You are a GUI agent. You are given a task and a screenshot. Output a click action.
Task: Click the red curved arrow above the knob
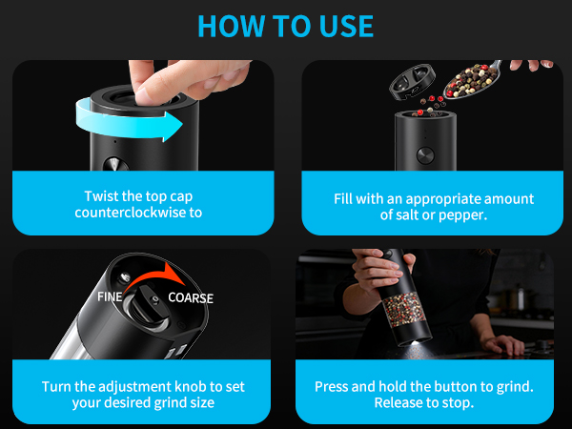coord(153,278)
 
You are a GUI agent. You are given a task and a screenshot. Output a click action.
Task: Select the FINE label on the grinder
coord(110,296)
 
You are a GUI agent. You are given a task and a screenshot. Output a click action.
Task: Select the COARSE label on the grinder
coord(191,298)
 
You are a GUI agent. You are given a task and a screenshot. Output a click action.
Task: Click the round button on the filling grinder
coord(425,155)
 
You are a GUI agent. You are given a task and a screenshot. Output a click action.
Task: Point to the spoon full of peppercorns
coord(473,81)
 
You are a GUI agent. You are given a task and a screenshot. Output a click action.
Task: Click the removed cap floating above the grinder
coord(412,82)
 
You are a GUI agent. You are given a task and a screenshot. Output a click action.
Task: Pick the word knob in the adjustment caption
coord(191,387)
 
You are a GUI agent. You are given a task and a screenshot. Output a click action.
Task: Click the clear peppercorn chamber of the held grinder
coord(404,308)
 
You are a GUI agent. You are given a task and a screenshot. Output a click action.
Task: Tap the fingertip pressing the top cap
coord(145,95)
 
